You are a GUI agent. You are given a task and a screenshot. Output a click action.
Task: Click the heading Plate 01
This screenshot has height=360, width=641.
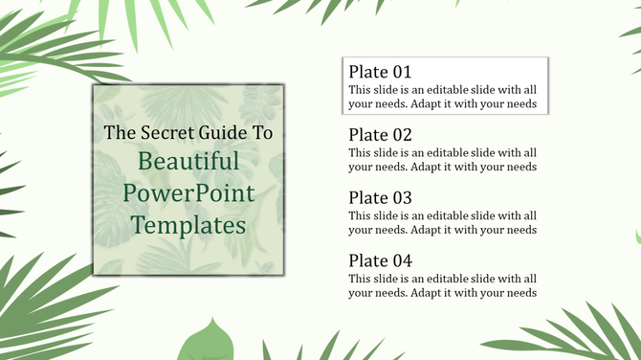pyautogui.click(x=380, y=72)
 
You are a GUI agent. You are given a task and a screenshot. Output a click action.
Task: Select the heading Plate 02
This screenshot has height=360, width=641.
pyautogui.click(x=380, y=135)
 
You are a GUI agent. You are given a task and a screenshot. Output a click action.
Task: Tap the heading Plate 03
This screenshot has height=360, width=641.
pyautogui.click(x=380, y=198)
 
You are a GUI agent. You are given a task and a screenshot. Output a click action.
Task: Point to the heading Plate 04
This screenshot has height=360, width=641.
pyautogui.click(x=380, y=260)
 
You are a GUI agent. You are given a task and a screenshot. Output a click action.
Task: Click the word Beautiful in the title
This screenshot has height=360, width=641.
pyautogui.click(x=188, y=161)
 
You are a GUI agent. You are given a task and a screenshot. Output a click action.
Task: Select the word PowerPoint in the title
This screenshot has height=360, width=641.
pyautogui.click(x=188, y=193)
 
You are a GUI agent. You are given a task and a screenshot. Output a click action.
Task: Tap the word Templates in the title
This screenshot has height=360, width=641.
pyautogui.click(x=188, y=225)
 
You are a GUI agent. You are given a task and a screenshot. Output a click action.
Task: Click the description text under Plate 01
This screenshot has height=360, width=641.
pyautogui.click(x=442, y=96)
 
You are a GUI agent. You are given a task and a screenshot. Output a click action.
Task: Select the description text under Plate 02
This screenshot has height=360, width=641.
pyautogui.click(x=442, y=159)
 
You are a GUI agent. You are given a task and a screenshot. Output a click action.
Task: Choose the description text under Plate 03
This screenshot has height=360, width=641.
pyautogui.click(x=442, y=222)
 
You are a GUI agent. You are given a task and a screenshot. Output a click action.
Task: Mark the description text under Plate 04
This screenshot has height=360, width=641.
pyautogui.click(x=442, y=285)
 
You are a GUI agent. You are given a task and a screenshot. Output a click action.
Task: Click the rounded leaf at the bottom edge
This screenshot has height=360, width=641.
pyautogui.click(x=210, y=342)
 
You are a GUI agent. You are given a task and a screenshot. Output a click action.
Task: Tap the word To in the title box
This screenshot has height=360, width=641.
pyautogui.click(x=263, y=133)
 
